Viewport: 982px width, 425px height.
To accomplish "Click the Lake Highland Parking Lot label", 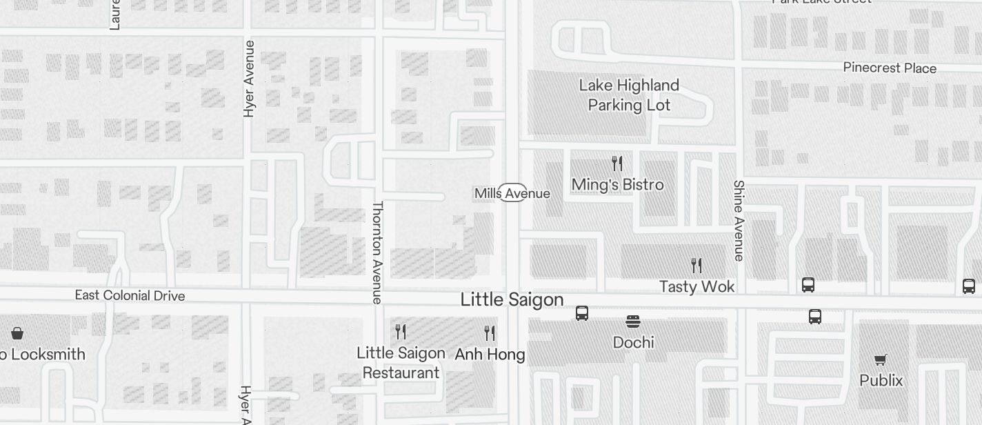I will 629,95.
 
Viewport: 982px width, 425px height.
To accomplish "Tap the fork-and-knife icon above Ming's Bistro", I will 617,164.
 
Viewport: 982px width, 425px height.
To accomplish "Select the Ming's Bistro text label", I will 618,185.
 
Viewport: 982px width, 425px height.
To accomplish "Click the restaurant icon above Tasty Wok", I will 697,266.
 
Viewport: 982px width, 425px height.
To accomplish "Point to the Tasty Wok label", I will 697,286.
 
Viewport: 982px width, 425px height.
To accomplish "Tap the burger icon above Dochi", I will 633,322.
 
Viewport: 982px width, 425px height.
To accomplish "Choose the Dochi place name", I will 633,342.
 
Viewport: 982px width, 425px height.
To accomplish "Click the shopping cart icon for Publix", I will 880,359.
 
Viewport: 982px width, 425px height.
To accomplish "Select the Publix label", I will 881,380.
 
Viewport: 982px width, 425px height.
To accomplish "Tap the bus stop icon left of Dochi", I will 582,313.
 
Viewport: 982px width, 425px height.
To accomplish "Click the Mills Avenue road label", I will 512,193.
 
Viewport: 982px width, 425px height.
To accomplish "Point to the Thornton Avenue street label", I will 377,253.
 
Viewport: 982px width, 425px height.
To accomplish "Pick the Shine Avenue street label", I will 739,221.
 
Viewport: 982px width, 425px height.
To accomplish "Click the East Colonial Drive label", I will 130,295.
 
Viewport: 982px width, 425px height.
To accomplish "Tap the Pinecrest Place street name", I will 890,68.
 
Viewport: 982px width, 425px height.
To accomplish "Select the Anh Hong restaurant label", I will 490,355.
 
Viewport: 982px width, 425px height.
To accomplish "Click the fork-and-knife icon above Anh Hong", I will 490,333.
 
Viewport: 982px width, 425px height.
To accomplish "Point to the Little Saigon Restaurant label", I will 401,363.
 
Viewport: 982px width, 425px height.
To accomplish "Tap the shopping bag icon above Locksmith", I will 17,334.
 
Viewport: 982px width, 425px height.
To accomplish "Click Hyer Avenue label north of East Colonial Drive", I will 249,79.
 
